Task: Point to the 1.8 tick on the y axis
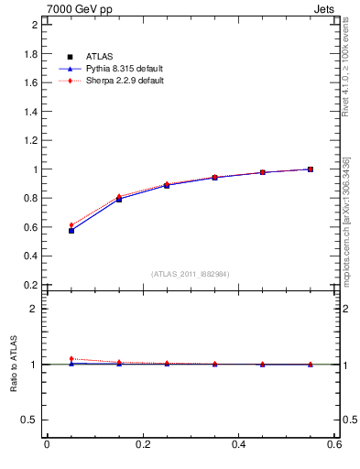click(x=31, y=54)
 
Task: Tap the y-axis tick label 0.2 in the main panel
click(x=31, y=285)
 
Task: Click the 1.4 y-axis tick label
click(x=31, y=112)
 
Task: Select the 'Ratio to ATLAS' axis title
click(x=14, y=364)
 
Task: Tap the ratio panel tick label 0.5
click(x=31, y=420)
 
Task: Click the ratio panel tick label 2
click(x=35, y=309)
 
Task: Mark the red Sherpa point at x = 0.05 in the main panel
click(x=71, y=225)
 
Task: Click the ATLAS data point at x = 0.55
click(x=311, y=169)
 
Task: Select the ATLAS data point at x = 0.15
click(x=119, y=199)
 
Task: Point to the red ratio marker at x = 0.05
click(x=71, y=359)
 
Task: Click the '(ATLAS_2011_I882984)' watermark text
click(x=191, y=274)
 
